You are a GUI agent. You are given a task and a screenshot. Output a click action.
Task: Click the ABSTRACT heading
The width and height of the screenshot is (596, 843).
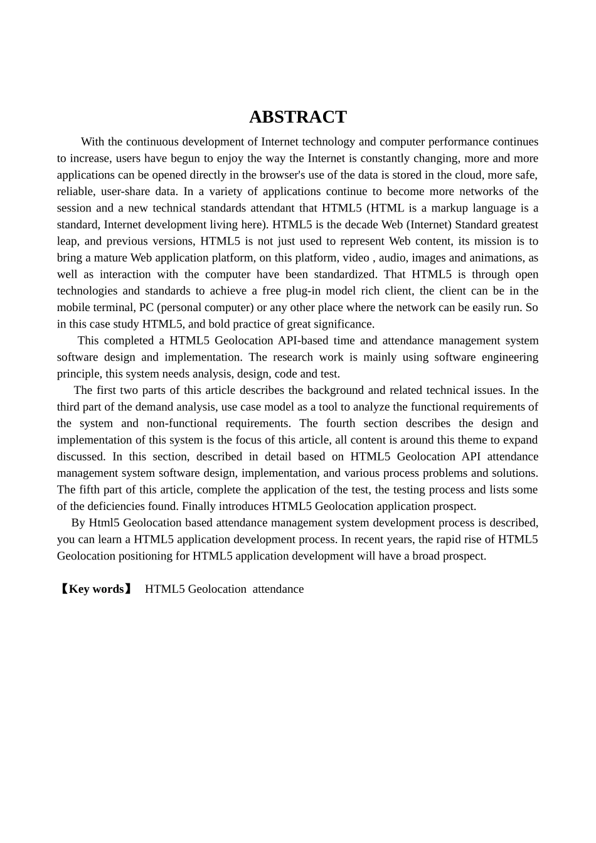[297, 117]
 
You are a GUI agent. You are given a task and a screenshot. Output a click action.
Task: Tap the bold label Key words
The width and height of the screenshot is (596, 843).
[96, 589]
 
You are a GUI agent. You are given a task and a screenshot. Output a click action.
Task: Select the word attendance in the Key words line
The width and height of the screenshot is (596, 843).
[278, 589]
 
